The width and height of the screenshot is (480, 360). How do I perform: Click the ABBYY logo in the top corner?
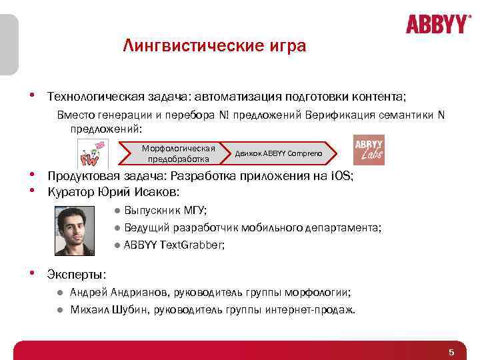pyautogui.click(x=438, y=25)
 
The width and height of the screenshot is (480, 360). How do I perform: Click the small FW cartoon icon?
pyautogui.click(x=93, y=155)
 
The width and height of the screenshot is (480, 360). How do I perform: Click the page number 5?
pyautogui.click(x=451, y=352)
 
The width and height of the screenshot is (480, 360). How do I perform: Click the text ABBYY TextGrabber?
pyautogui.click(x=173, y=245)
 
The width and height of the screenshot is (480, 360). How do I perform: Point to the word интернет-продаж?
pyautogui.click(x=313, y=309)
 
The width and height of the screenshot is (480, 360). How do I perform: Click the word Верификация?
pyautogui.click(x=337, y=115)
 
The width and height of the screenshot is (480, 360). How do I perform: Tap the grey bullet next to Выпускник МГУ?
pyautogui.click(x=117, y=211)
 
